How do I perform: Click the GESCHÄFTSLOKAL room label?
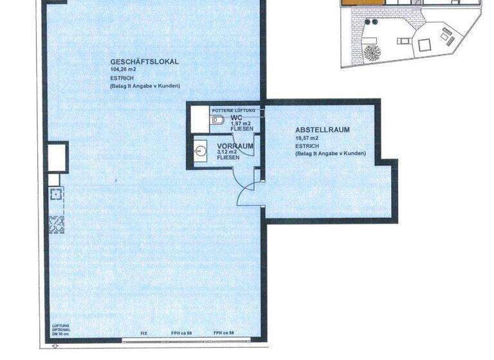(144, 62)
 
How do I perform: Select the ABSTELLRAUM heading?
(322, 130)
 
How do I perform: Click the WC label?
(237, 118)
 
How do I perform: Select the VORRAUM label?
(235, 147)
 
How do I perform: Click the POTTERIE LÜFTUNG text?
(235, 112)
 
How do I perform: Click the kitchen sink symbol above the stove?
(55, 194)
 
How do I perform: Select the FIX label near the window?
(145, 333)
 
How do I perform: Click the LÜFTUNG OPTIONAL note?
(60, 330)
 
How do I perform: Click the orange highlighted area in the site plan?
(358, 4)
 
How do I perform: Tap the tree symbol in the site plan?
(372, 51)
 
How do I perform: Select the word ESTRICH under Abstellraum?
(306, 146)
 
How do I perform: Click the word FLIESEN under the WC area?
(242, 129)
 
